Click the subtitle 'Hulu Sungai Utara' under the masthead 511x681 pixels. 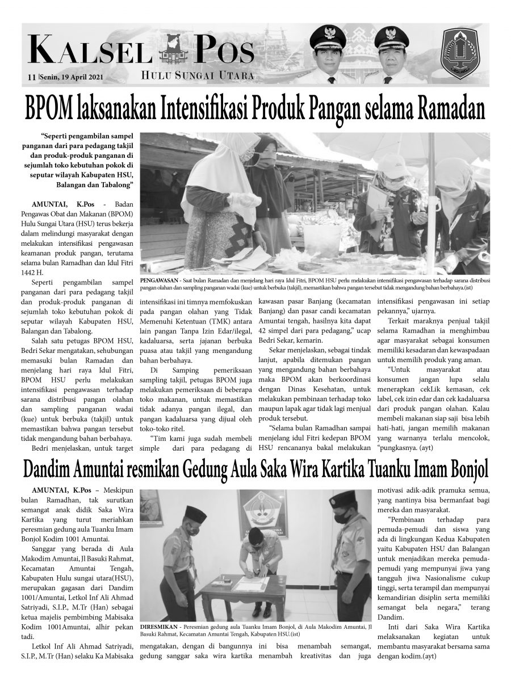coord(197,75)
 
